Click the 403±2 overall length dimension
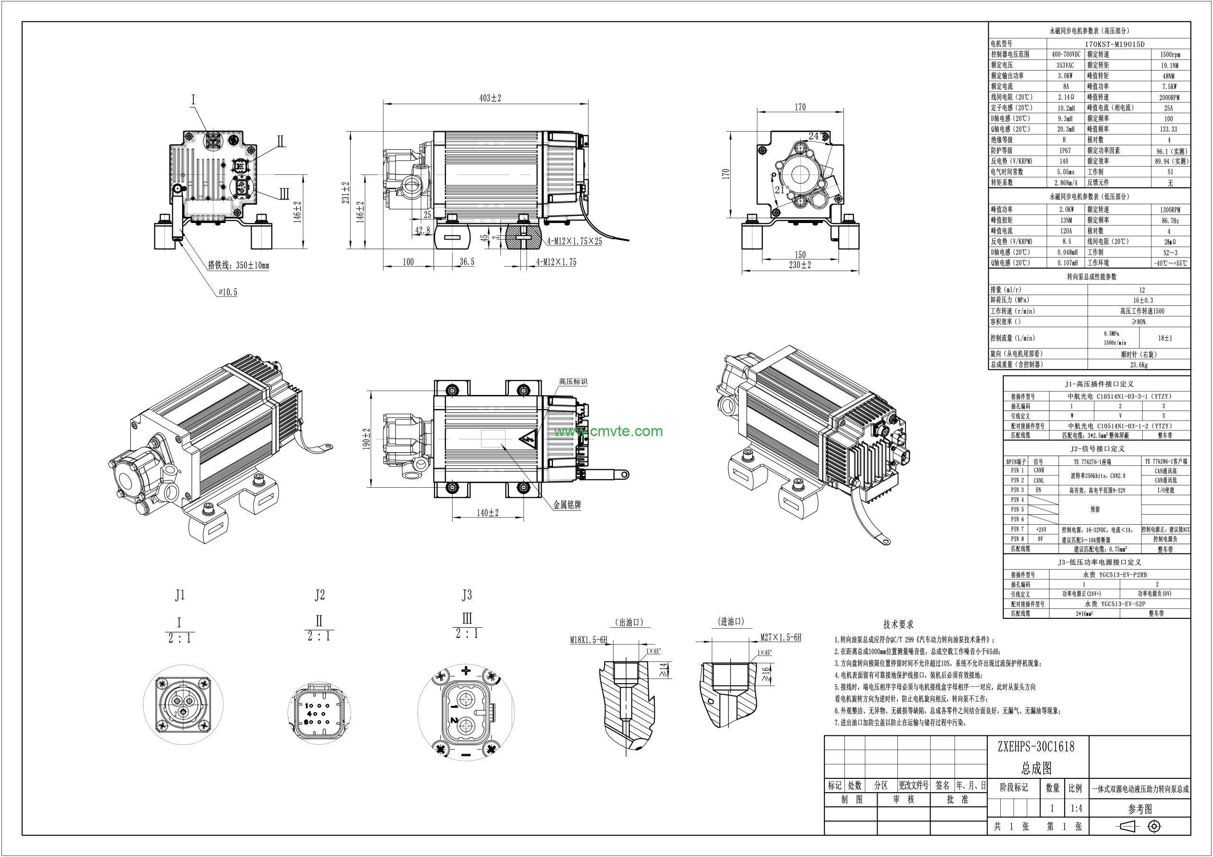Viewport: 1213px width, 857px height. (x=490, y=98)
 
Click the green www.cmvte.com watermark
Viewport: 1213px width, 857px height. (x=608, y=431)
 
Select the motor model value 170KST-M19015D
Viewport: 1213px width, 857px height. (x=1115, y=45)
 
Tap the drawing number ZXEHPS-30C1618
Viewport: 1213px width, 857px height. (x=1035, y=747)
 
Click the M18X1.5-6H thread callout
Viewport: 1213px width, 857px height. (x=588, y=640)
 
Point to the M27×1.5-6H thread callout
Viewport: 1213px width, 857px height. (x=780, y=637)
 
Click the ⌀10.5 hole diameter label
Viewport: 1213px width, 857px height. (x=228, y=292)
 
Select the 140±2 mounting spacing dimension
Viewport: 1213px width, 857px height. (x=487, y=513)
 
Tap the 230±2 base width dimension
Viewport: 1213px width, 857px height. (x=800, y=265)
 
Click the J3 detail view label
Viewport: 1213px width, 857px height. (x=467, y=595)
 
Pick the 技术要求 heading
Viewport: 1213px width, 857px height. (x=898, y=625)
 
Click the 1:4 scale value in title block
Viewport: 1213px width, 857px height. (x=1076, y=808)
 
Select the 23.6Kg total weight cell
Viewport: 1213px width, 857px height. (x=1139, y=365)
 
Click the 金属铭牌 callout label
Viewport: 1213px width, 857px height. (x=567, y=505)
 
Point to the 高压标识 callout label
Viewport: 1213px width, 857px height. (x=573, y=381)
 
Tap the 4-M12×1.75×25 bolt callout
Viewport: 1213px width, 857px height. (x=574, y=241)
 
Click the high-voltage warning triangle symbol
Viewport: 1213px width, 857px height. (x=528, y=440)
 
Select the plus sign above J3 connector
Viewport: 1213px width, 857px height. (x=466, y=671)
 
